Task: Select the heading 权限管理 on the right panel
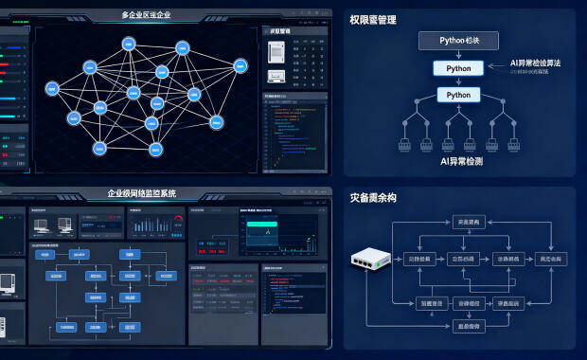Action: tap(372, 19)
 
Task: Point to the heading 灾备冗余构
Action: tap(372, 198)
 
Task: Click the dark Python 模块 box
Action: tap(458, 40)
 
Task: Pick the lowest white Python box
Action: tap(458, 95)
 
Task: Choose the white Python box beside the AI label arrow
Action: tap(458, 68)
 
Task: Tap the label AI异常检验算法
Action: tap(535, 62)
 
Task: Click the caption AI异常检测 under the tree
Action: tap(461, 162)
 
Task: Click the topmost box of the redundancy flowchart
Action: tap(468, 222)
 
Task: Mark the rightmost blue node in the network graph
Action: tap(240, 65)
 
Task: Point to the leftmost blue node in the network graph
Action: tap(54, 86)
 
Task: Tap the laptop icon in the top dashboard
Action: tap(276, 77)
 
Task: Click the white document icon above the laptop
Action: tap(276, 53)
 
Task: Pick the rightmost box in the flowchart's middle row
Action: tap(548, 259)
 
